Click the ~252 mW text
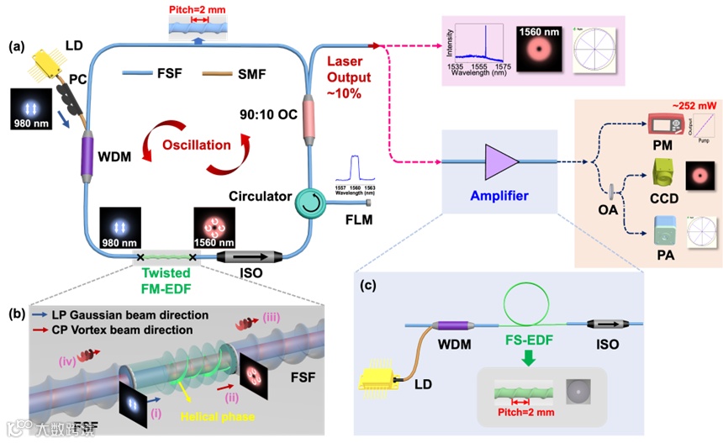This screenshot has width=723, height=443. click(674, 106)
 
